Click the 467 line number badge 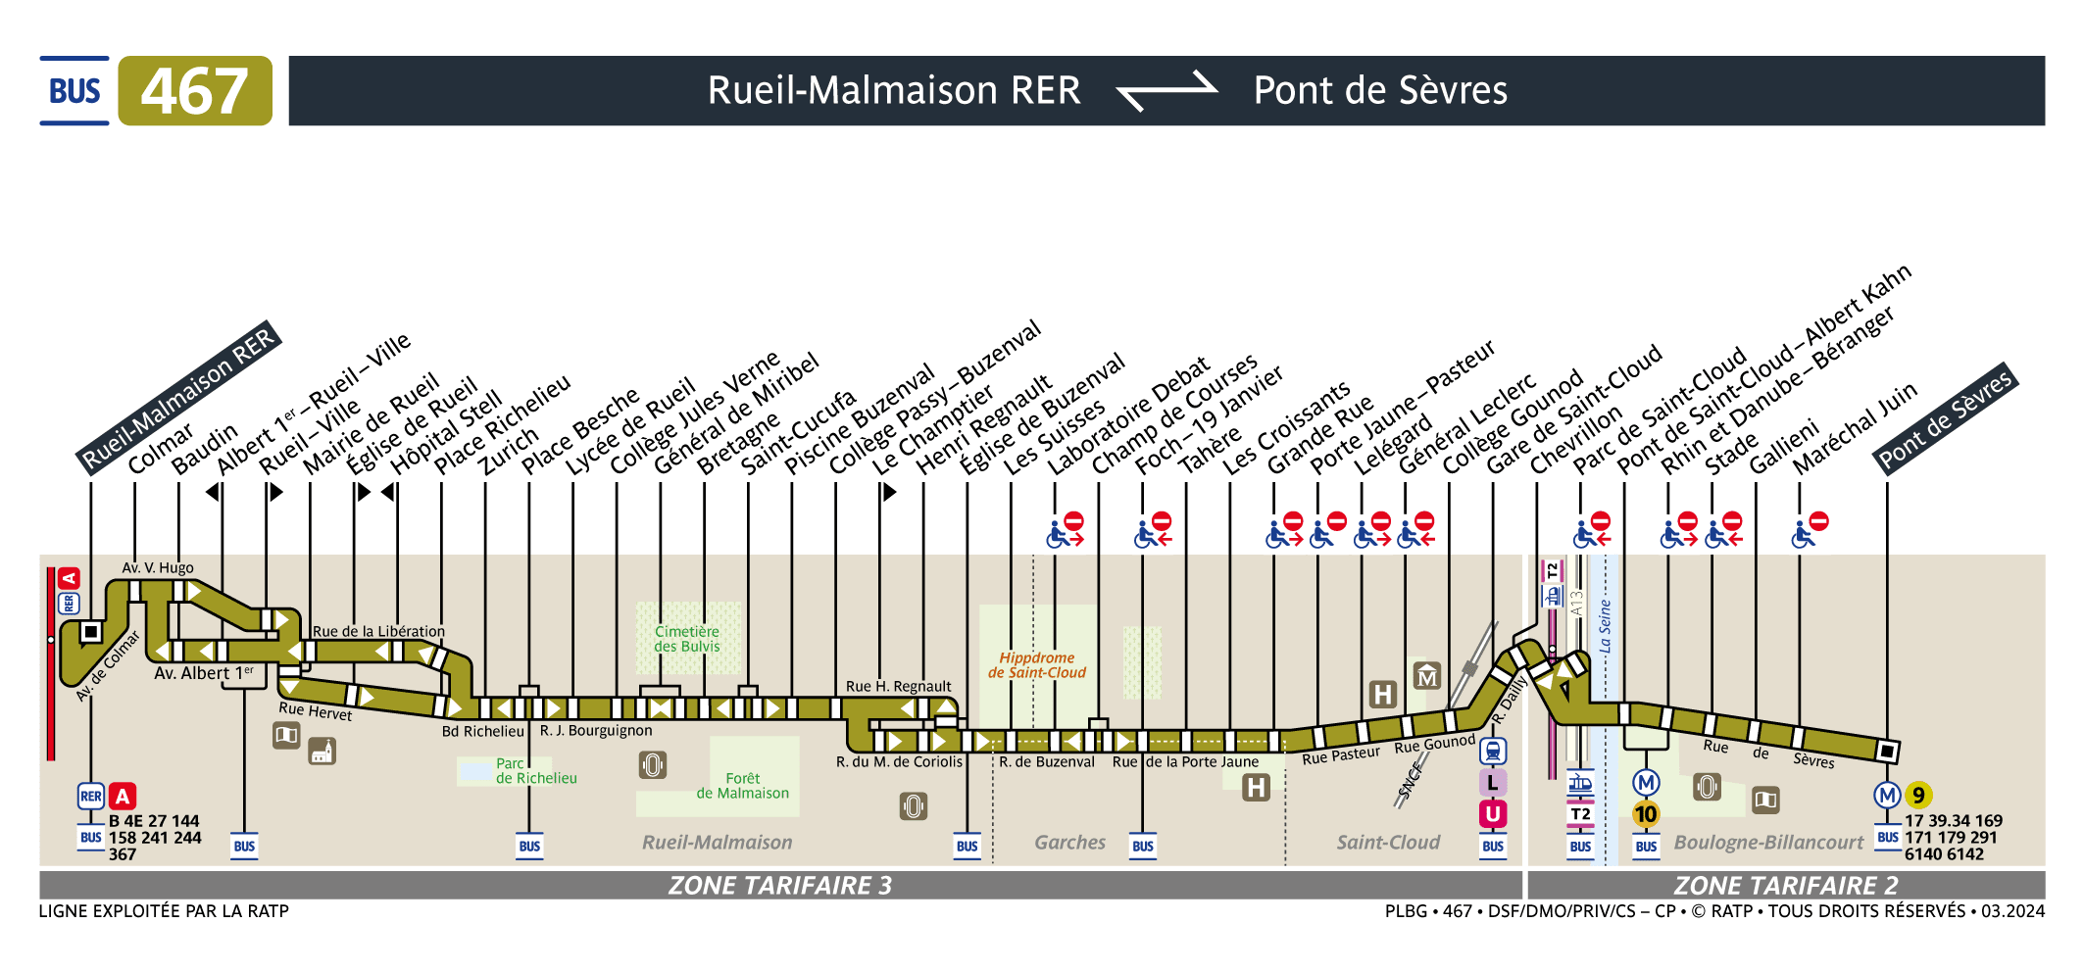(x=195, y=91)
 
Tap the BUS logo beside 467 (x=74, y=91)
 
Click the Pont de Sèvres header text (x=1379, y=91)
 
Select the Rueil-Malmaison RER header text (x=893, y=91)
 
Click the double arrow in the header (x=1166, y=91)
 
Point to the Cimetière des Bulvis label (x=687, y=639)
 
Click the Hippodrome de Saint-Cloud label (x=1037, y=665)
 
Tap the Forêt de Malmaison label (x=742, y=786)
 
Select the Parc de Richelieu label (x=535, y=770)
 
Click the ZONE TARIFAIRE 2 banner (x=1785, y=886)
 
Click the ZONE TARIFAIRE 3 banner (x=779, y=886)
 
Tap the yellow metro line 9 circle (x=1918, y=796)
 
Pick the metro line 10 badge (x=1646, y=814)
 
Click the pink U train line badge (x=1492, y=813)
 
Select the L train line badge (x=1492, y=783)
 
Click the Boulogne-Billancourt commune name (x=1768, y=843)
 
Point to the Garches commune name (x=1069, y=843)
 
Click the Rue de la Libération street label (x=378, y=632)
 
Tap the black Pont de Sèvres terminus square (x=1887, y=752)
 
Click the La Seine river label (x=1605, y=627)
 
